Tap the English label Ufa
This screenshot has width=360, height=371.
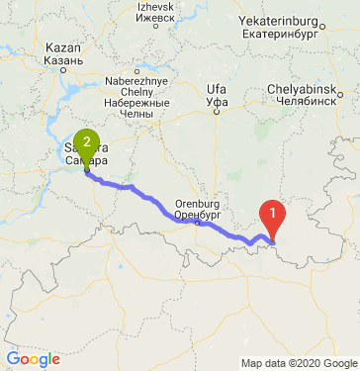[217, 90]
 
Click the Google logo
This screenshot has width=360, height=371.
[33, 358]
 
